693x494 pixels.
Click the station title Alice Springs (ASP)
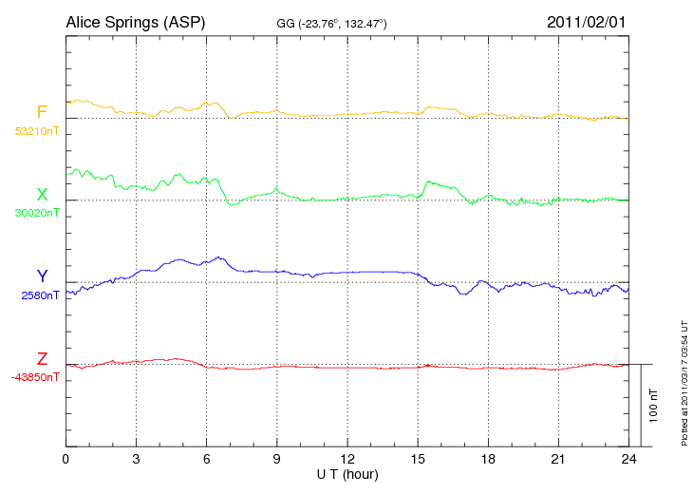(x=136, y=21)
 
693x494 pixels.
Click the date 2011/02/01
(x=587, y=21)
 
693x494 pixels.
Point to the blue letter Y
(x=42, y=276)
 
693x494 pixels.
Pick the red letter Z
(x=42, y=359)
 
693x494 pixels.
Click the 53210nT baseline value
(x=36, y=131)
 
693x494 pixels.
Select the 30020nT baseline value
(x=36, y=213)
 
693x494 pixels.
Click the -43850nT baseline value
(x=36, y=376)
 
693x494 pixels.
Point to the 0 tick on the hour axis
(x=66, y=459)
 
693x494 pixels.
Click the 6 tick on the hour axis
(x=207, y=459)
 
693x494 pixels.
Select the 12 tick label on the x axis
(x=347, y=459)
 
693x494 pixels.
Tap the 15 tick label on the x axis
(x=419, y=459)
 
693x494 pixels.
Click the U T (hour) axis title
(x=348, y=473)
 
